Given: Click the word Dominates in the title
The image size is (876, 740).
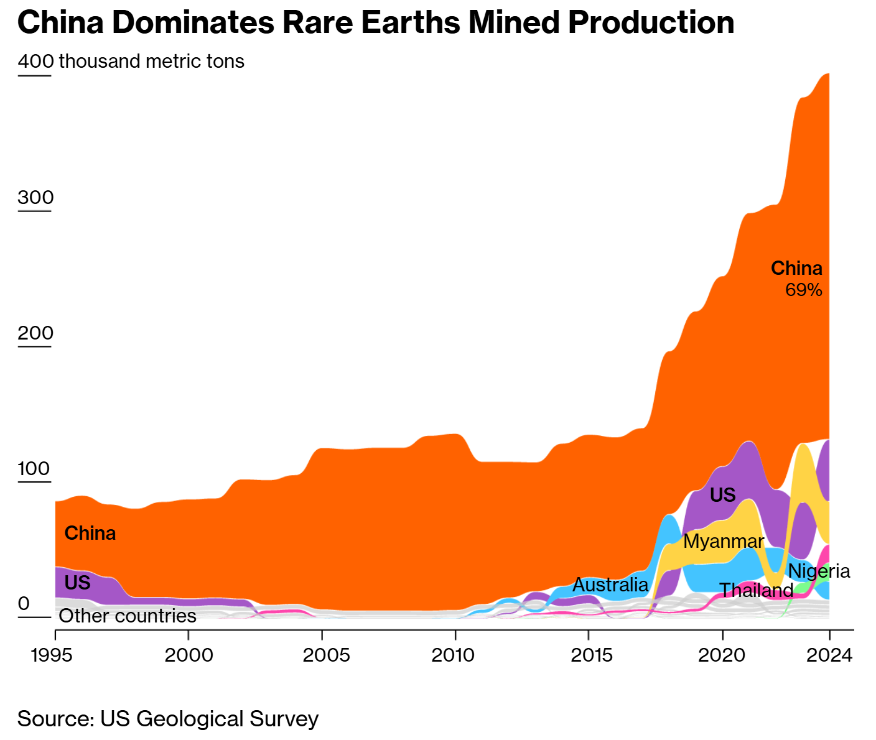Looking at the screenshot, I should point(192,23).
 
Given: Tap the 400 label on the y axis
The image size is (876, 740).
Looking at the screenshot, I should point(35,62).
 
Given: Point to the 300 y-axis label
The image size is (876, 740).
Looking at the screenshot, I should point(35,197).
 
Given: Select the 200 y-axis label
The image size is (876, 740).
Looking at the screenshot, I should point(35,333).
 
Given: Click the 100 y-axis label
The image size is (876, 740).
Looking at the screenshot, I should point(34,468).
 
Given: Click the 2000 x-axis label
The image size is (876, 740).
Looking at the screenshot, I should point(189,655).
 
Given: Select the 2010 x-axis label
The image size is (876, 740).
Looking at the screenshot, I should point(455,655).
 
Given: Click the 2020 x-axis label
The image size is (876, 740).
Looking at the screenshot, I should point(722,655).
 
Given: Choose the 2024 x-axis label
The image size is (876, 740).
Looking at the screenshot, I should point(829,655).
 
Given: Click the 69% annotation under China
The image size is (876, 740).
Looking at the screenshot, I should point(804,290).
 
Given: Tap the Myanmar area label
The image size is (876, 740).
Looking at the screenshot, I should point(724,541).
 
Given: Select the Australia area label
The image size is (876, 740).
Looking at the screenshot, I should point(610,585).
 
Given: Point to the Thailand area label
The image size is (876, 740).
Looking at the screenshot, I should point(756,590).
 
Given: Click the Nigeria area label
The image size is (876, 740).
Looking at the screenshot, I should point(819,571).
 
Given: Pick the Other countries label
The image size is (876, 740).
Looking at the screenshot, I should point(128,616).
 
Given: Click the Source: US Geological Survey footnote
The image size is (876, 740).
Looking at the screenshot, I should point(168,719).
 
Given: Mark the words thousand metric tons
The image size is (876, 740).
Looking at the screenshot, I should point(151,62).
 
